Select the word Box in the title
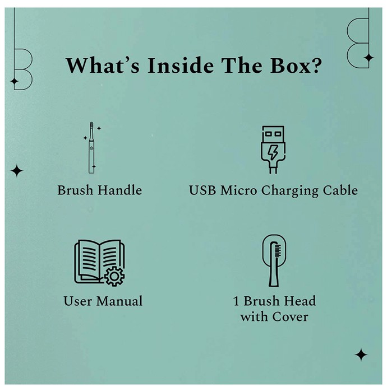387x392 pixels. point(289,66)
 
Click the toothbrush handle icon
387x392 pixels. point(92,148)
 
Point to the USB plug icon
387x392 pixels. point(273,150)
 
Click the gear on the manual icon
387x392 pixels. point(114,277)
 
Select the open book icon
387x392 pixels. point(99,263)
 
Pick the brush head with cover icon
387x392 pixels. point(274,260)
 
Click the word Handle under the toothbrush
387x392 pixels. point(119,190)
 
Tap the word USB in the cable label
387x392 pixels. point(202,190)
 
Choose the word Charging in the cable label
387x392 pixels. point(290,192)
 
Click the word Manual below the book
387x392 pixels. point(119,301)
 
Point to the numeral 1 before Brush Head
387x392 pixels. point(236,301)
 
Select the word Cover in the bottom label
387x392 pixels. point(290,317)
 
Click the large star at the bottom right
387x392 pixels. point(361,354)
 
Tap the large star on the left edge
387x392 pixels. point(17,171)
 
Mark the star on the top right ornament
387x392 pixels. point(368,58)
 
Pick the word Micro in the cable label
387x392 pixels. point(238,190)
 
